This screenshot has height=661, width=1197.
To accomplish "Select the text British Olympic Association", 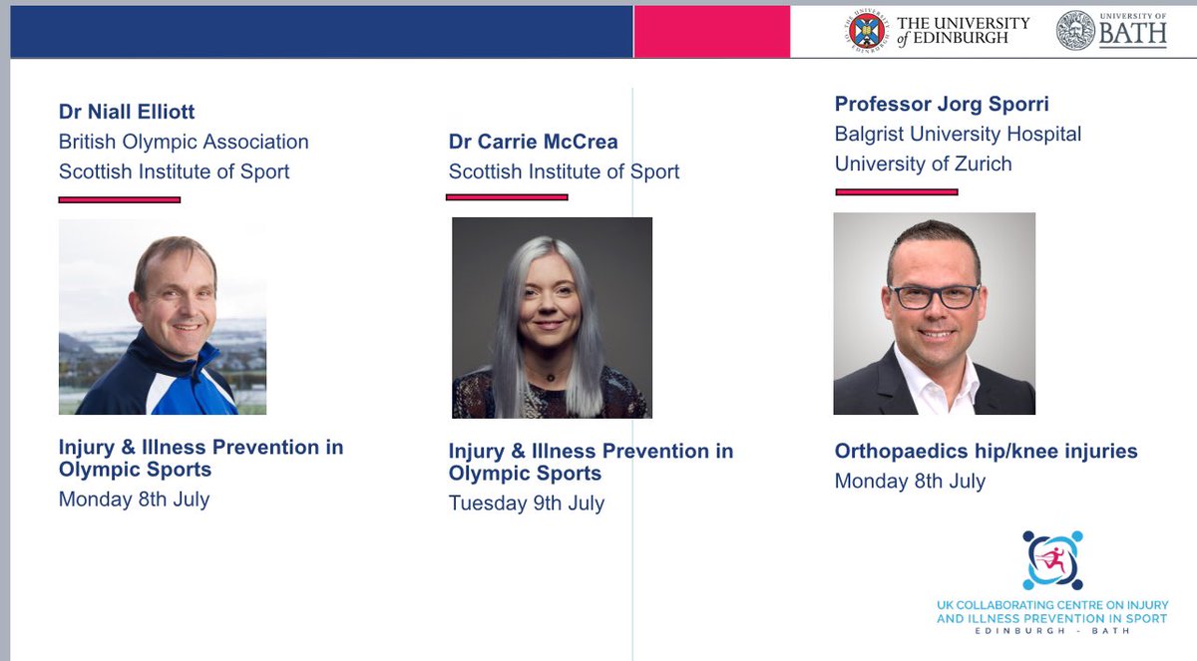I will [x=184, y=142].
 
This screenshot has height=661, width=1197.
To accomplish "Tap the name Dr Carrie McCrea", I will [x=533, y=142].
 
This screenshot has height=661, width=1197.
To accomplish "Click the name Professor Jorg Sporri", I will [x=942, y=104].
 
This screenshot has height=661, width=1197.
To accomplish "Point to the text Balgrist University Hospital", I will [x=958, y=134].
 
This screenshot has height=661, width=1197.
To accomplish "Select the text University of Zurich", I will [x=923, y=164].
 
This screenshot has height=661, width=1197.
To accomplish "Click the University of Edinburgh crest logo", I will [x=865, y=31].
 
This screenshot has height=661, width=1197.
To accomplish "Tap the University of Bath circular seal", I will [x=1076, y=31].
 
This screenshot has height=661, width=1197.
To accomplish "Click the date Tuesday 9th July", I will [x=526, y=502].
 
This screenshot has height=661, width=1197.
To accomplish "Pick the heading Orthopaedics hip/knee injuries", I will [x=986, y=452].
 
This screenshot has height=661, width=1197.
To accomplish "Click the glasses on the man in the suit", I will [x=934, y=296].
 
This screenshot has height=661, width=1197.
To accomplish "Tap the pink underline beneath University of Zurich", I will [x=895, y=190].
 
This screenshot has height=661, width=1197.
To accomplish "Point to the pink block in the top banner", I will [x=711, y=31].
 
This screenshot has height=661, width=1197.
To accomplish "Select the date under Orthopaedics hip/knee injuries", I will [x=910, y=481].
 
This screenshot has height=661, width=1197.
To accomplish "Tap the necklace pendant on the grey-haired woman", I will [x=548, y=379].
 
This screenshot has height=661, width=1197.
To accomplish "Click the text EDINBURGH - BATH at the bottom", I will [x=1051, y=632].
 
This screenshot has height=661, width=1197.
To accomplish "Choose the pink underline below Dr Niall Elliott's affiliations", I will [x=119, y=199].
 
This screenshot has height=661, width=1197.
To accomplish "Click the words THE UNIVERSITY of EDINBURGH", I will [x=963, y=31].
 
